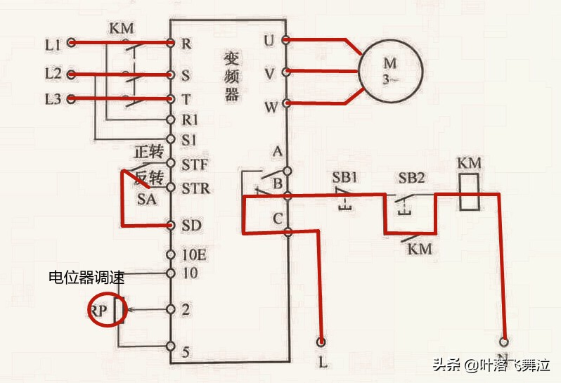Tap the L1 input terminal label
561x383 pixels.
53,44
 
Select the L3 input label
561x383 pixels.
53,99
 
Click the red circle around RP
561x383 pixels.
108,309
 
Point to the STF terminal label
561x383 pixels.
195,166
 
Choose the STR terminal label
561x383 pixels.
195,189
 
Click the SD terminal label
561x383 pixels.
191,225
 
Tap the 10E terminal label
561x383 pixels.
194,254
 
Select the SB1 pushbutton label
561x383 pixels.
345,176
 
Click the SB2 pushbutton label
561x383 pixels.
411,176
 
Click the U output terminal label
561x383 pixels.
268,39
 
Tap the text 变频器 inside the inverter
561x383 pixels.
232,76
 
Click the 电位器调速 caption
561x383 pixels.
86,278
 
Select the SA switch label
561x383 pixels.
147,200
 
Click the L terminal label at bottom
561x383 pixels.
323,363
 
